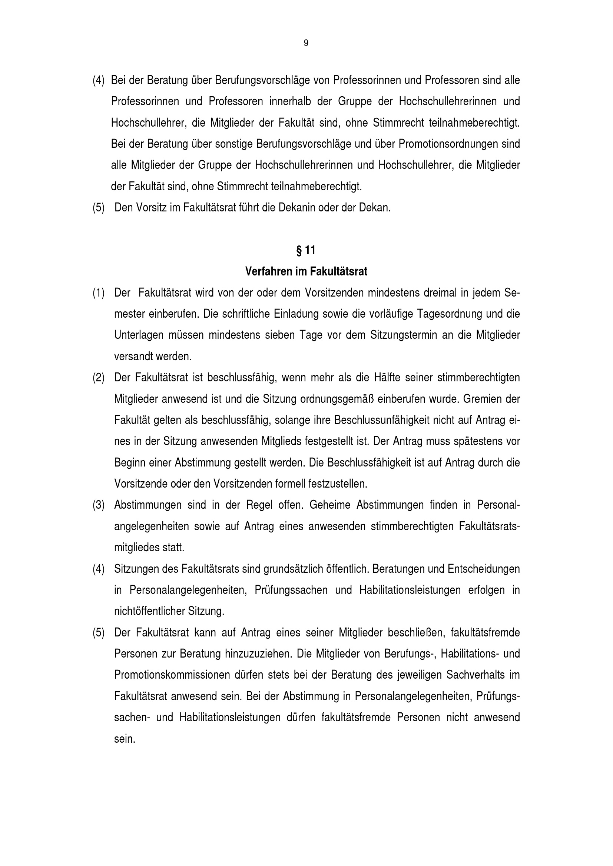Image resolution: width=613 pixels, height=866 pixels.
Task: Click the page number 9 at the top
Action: click(x=306, y=43)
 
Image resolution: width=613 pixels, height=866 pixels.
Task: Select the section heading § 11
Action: click(x=306, y=250)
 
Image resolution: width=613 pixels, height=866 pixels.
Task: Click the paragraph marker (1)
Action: click(x=99, y=293)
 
